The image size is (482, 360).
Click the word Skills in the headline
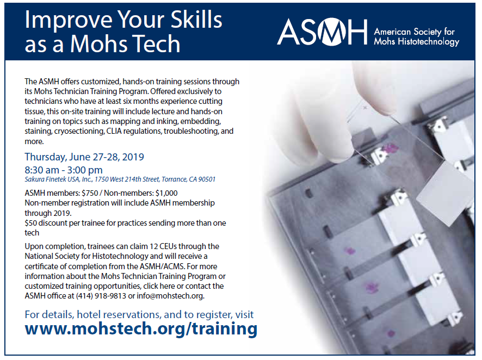(196, 20)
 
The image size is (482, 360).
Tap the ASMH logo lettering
(323, 32)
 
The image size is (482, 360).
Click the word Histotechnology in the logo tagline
(429, 42)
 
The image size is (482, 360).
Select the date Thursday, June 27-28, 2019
(84, 157)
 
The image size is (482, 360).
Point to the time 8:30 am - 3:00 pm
(64, 170)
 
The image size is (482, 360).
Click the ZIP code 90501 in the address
(207, 179)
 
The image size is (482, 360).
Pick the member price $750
(90, 193)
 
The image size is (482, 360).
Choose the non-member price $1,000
(166, 193)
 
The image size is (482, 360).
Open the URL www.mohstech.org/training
(141, 328)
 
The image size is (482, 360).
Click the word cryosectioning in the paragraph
(79, 132)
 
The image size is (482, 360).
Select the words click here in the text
(159, 286)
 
